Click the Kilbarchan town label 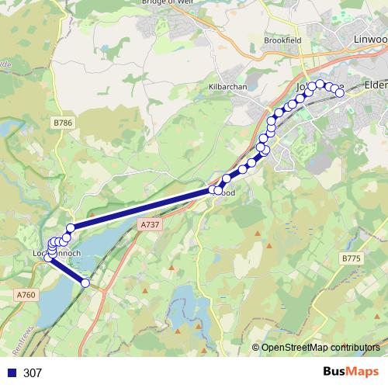click(227, 87)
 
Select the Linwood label click(369, 39)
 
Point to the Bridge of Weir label click(168, 2)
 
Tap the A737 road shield click(150, 223)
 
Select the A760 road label click(26, 294)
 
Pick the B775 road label click(351, 258)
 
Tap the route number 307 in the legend click(33, 372)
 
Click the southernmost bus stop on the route click(85, 283)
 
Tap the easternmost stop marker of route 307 click(339, 93)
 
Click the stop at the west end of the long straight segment click(70, 227)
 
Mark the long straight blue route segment click(140, 209)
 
